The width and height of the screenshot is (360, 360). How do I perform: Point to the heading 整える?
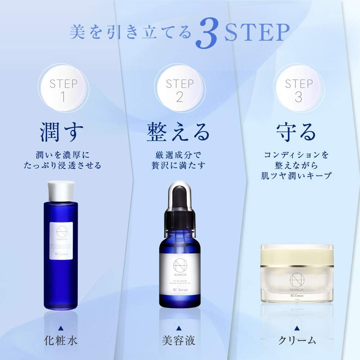click(x=178, y=132)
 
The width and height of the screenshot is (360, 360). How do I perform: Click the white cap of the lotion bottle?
click(x=61, y=190)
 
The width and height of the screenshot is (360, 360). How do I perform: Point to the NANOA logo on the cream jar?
click(x=297, y=282)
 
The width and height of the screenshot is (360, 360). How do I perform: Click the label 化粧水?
click(x=61, y=339)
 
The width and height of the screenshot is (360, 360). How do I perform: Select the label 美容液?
click(x=179, y=339)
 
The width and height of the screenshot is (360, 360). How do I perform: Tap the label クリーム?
click(x=297, y=339)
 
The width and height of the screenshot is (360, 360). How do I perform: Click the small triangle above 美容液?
click(x=179, y=327)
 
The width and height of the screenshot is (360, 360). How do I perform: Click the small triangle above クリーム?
click(x=297, y=327)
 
